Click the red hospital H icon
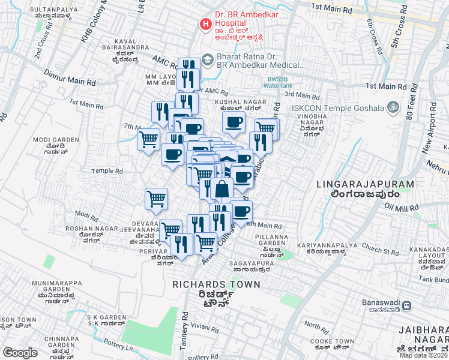point(205,25)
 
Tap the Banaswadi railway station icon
point(406,305)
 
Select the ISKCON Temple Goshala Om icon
point(393,107)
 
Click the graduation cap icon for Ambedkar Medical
point(207,60)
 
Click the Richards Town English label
point(216,284)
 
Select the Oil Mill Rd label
point(401,208)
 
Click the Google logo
point(20,353)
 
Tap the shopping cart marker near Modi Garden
point(148,140)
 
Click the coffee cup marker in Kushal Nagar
point(234,122)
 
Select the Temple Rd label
point(106,171)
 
